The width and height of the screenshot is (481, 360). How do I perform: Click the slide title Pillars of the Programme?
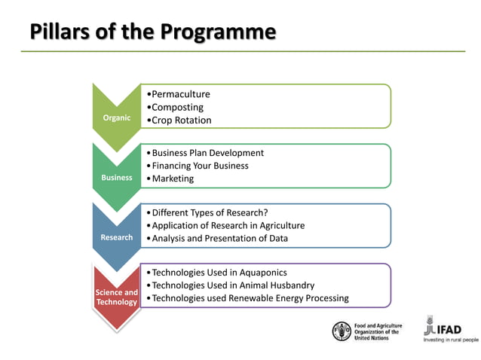[x=152, y=32]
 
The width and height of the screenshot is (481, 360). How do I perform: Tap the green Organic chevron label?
[x=116, y=117]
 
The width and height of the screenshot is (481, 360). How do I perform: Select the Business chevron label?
[x=116, y=178]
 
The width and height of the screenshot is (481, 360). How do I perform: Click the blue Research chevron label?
[x=116, y=237]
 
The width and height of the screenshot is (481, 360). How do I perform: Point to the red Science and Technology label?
[x=116, y=297]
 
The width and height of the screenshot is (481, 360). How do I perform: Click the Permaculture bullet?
[x=180, y=94]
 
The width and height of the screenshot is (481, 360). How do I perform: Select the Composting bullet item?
[x=177, y=107]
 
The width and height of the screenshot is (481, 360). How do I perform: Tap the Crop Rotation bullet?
[x=181, y=120]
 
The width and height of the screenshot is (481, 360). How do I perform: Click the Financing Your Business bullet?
[x=200, y=166]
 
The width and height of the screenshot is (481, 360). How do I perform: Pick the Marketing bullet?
[x=173, y=178]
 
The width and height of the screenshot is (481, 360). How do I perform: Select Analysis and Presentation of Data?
[x=219, y=239]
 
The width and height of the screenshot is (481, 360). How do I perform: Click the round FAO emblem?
[x=342, y=331]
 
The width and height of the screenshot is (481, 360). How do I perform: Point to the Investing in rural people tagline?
[x=451, y=340]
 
